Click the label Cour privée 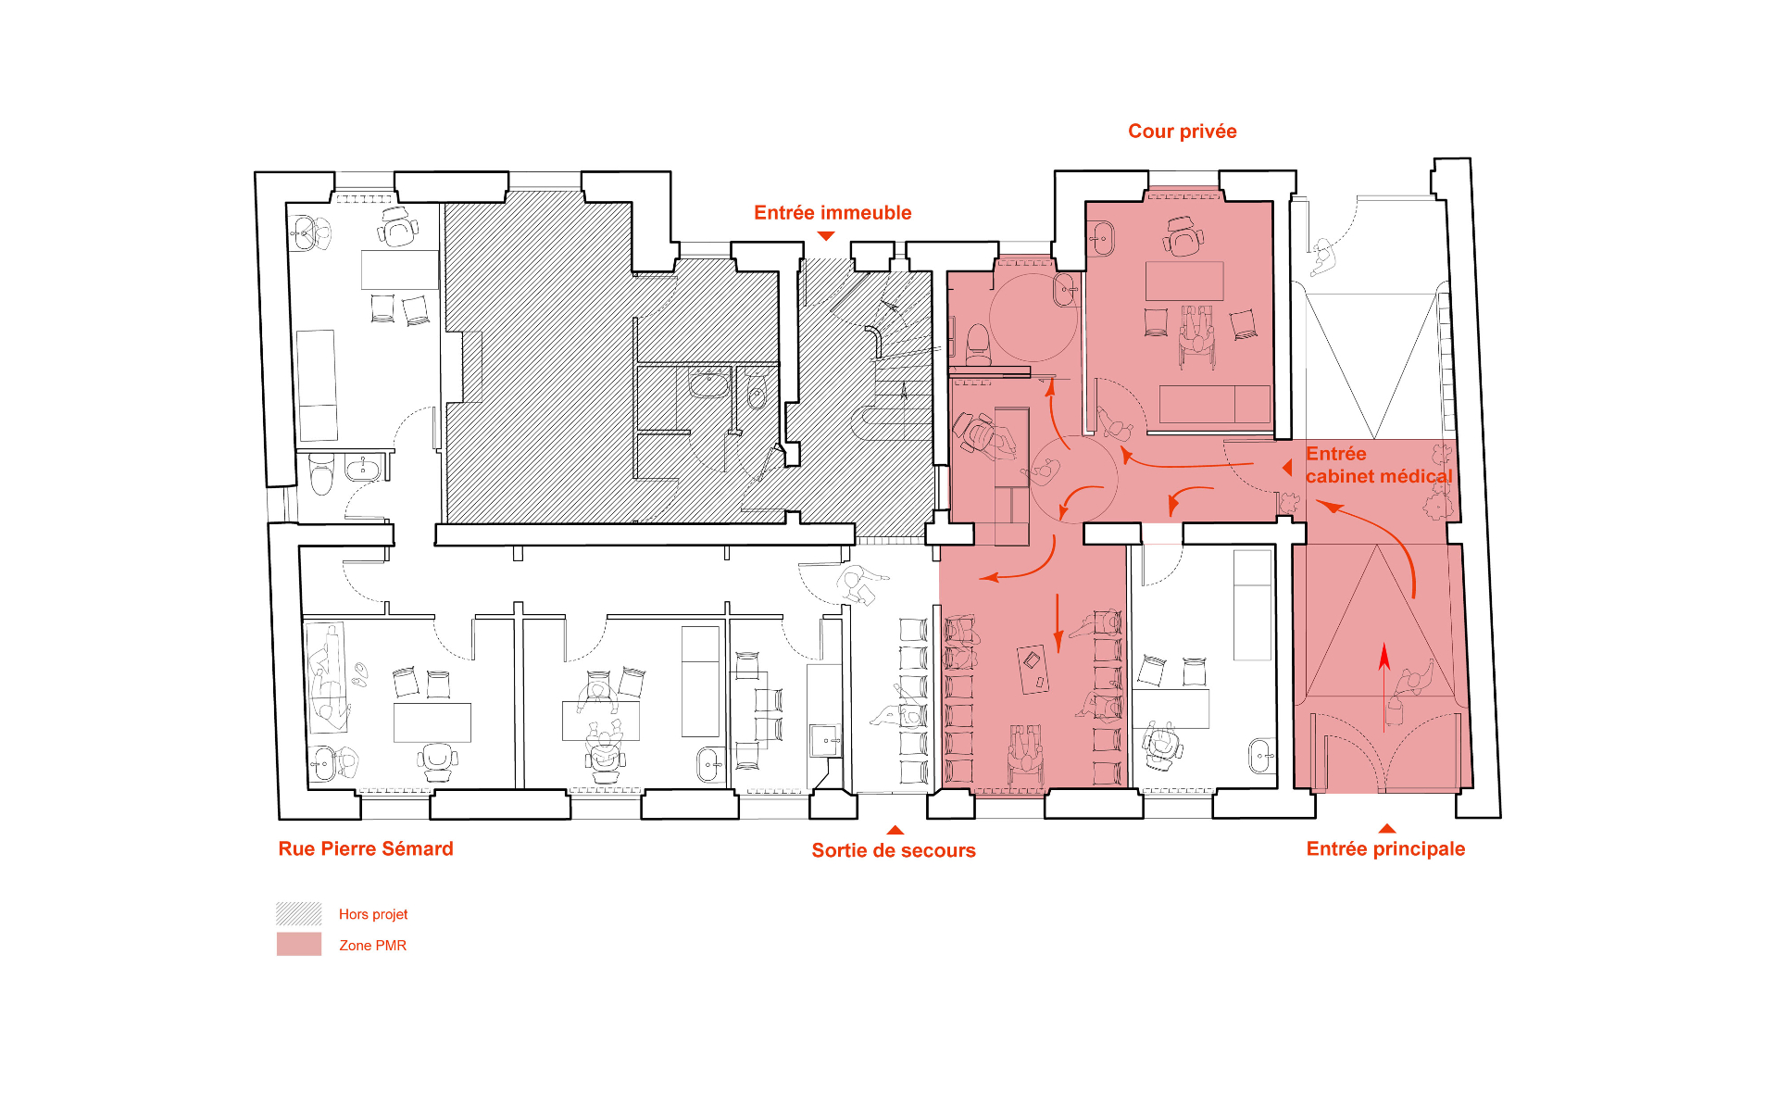1182,132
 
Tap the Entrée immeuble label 833,213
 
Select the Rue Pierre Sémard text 366,848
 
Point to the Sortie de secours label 894,850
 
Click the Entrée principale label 1385,849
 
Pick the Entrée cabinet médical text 1379,465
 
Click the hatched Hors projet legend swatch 299,913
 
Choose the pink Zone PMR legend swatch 299,944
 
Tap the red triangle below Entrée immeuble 826,236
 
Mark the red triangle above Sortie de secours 895,830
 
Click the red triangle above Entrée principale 1386,829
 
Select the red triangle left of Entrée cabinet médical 1287,468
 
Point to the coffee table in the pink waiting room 1033,669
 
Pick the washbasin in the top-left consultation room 303,232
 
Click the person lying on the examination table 327,677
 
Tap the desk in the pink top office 1184,281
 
